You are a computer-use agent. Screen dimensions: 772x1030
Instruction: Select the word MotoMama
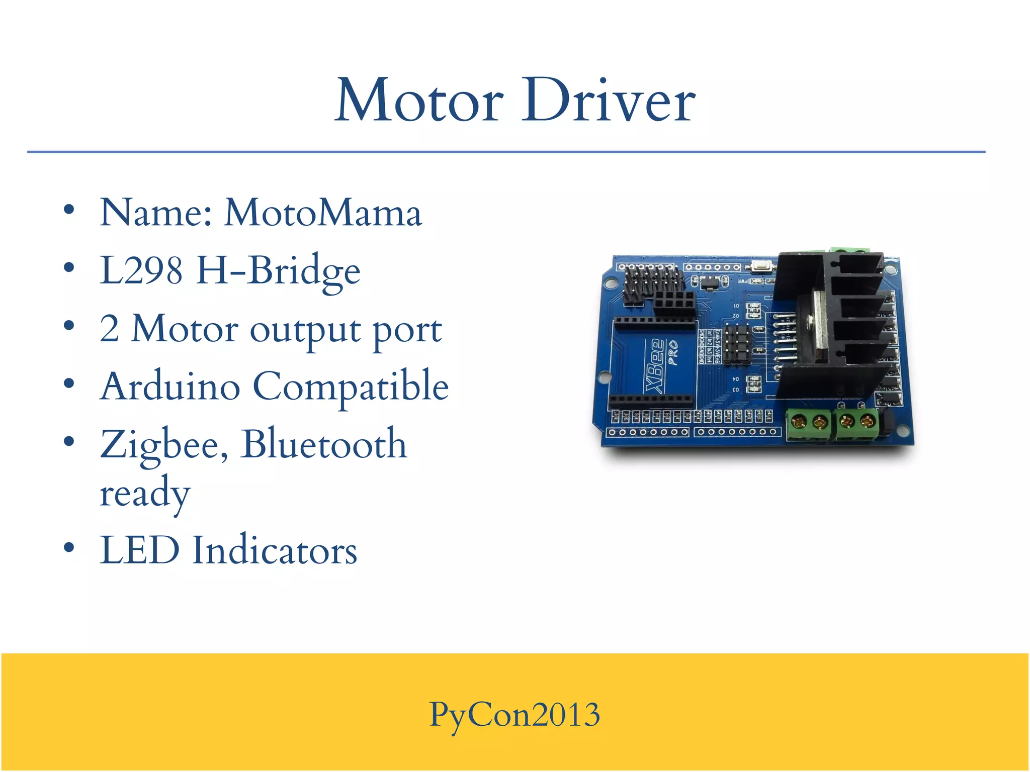point(323,213)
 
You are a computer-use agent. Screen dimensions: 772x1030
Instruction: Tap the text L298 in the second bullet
point(141,270)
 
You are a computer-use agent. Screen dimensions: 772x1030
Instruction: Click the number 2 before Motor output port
point(109,329)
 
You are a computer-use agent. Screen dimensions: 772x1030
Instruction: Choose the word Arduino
point(170,387)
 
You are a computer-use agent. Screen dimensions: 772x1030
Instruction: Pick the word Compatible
point(351,387)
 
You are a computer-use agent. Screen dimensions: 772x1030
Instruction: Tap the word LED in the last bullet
point(139,550)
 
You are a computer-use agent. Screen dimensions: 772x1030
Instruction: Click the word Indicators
point(275,550)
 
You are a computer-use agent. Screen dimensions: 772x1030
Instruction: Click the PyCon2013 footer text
point(514,714)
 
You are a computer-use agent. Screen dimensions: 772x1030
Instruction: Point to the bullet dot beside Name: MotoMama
point(69,210)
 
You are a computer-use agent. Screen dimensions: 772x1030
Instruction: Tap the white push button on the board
point(762,266)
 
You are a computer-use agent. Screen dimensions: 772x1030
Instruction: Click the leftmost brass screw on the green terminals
point(799,421)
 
